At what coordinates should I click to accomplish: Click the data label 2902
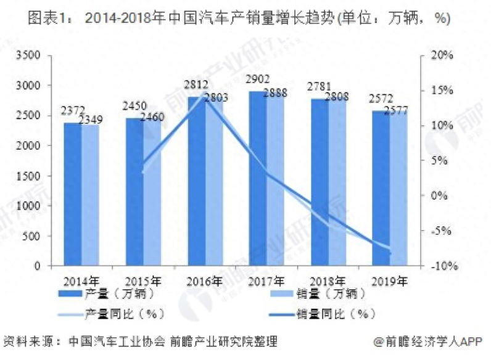(x=257, y=80)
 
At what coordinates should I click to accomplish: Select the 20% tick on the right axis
(x=443, y=55)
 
